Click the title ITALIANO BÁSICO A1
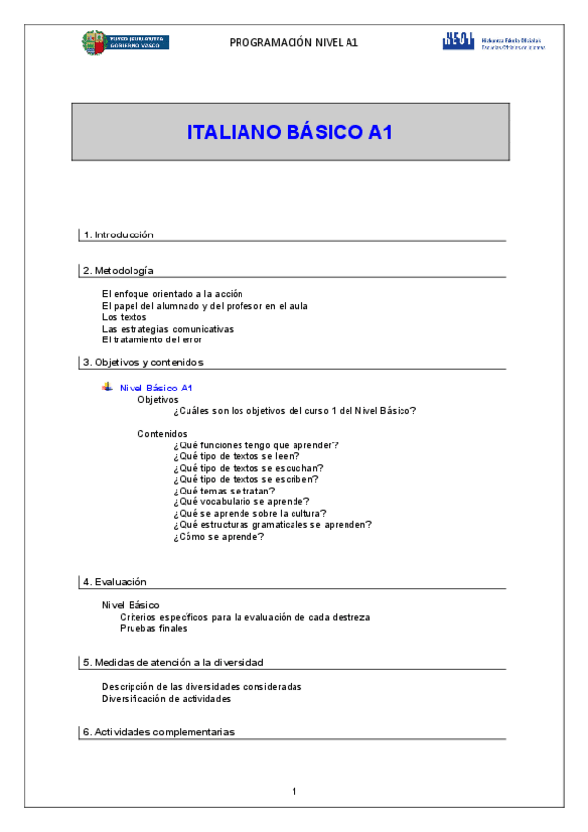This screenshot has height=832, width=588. [x=290, y=132]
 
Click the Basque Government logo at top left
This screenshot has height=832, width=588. [x=125, y=42]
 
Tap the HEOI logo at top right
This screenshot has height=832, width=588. [x=493, y=42]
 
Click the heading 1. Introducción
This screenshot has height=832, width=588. [x=119, y=234]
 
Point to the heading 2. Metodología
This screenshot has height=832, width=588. [x=119, y=270]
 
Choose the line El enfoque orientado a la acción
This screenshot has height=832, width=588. [x=172, y=294]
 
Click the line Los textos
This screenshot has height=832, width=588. [x=126, y=317]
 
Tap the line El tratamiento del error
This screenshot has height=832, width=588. [x=151, y=339]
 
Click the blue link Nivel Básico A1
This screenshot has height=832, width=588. [x=156, y=389]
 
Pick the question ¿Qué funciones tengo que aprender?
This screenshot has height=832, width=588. [x=255, y=445]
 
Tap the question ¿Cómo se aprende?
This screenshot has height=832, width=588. [x=219, y=536]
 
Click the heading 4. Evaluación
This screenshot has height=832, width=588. [x=115, y=581]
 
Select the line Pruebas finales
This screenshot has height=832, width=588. [x=153, y=628]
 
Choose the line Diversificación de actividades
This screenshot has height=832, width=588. [x=166, y=699]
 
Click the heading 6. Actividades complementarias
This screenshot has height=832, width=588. [x=158, y=732]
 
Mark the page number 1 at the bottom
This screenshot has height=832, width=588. [x=294, y=791]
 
